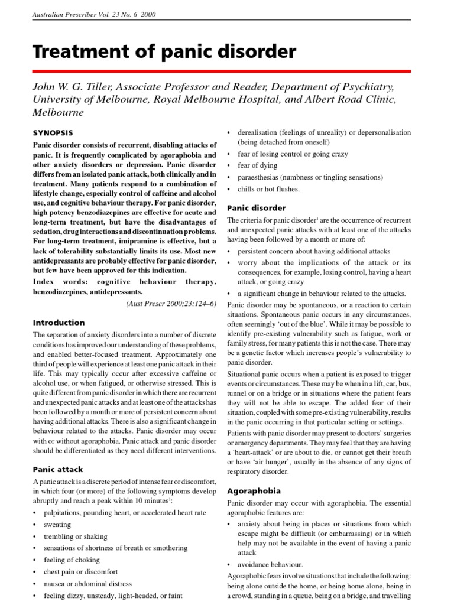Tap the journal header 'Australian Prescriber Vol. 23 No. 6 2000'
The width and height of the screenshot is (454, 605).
94,14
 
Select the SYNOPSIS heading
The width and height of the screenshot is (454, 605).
53,132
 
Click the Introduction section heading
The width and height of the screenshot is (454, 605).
59,323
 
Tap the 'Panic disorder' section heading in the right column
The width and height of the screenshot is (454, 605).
257,208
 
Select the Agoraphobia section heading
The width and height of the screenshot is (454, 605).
254,491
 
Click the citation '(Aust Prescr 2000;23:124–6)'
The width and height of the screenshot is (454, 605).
171,303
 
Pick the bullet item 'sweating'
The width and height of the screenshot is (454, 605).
57,525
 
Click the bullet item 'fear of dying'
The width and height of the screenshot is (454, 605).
257,165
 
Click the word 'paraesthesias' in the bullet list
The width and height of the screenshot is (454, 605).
259,177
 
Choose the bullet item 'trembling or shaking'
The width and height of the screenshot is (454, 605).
76,536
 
